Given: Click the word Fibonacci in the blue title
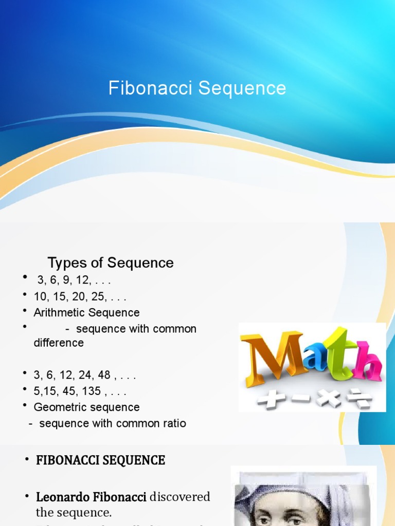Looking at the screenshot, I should coord(151,88).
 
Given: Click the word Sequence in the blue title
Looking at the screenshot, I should coord(242,88).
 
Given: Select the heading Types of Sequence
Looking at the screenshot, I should coord(111,263).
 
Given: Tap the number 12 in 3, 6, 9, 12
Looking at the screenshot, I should coord(82,280).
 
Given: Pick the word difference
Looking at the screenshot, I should coord(59,343).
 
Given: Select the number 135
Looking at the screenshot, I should coord(91,391).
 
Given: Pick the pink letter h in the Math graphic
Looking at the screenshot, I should coord(368,362).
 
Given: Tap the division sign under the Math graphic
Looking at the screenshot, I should coord(361,398).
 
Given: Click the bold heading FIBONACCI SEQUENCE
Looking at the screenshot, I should coord(100,460).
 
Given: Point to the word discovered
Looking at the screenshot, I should coord(180,497).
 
